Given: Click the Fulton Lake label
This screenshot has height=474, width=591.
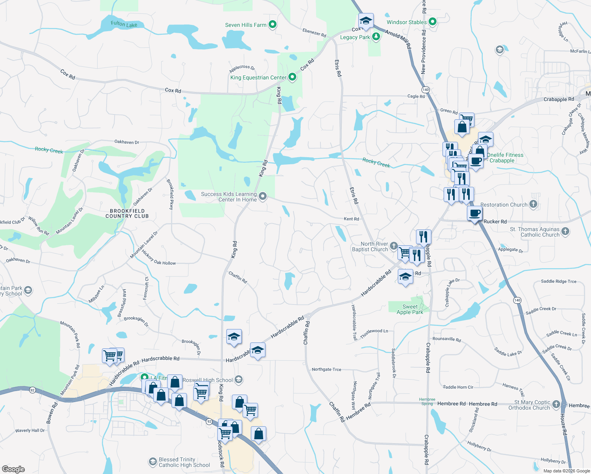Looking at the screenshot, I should tap(124, 24).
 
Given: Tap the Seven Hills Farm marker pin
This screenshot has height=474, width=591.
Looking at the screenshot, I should tap(272, 24).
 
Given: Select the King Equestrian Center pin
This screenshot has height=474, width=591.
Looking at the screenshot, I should tap(292, 77).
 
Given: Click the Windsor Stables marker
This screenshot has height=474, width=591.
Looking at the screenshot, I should tap(433, 22).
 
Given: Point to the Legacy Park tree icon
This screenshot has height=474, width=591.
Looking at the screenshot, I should tap(376, 37).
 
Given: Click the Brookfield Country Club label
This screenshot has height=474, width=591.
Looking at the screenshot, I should tap(127, 214).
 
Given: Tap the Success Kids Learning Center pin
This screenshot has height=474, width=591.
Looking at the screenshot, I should tap(262, 196).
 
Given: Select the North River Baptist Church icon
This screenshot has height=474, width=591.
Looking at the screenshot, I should tap(393, 246).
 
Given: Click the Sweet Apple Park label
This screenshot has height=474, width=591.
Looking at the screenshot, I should tap(410, 309).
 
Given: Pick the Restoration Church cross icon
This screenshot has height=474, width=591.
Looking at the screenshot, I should tap(533, 204).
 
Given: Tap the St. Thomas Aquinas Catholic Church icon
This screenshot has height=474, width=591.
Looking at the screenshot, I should tap(565, 231).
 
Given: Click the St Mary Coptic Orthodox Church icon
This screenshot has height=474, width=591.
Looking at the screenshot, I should tap(556, 404).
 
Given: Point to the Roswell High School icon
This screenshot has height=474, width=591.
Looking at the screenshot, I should tap(238, 380).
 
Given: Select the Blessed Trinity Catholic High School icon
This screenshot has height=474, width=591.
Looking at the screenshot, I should tap(152, 462).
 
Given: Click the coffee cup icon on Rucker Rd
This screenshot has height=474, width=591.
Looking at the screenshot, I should tap(474, 213).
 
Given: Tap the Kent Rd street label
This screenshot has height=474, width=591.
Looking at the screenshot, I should tap(351, 219).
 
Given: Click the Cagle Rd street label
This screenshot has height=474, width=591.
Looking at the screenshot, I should tap(416, 96).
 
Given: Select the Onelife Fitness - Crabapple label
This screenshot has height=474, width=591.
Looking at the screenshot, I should tap(505, 158).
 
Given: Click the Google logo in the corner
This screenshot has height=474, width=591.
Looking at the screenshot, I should tap(13, 469).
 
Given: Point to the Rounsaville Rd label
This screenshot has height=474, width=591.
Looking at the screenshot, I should tap(446, 339).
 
